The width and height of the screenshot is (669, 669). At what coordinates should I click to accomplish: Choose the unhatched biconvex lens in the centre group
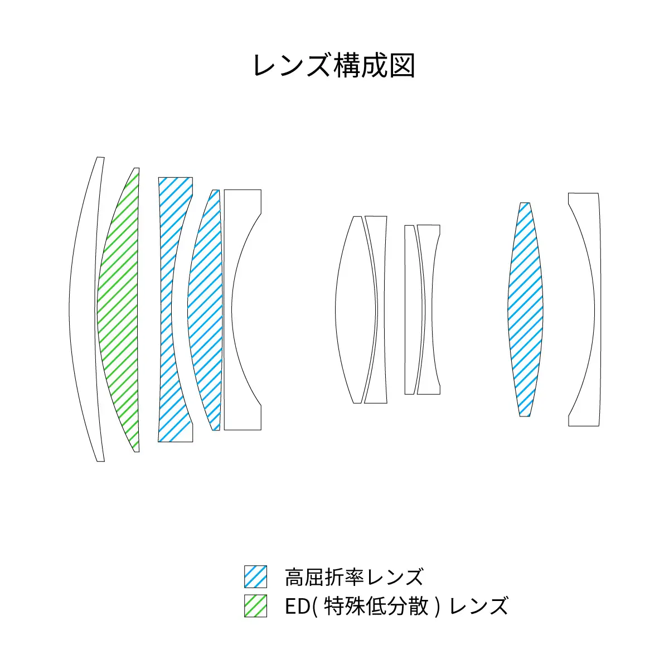[x=356, y=309]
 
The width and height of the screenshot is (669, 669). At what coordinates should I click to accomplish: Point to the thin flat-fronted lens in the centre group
[x=414, y=309]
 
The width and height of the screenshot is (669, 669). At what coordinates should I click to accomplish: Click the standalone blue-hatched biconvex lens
[x=525, y=309]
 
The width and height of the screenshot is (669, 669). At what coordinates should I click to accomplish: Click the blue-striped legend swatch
[x=255, y=576]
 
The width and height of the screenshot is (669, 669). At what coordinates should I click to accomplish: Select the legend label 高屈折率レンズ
[x=354, y=577]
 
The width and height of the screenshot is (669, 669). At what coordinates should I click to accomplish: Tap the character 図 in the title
[x=402, y=66]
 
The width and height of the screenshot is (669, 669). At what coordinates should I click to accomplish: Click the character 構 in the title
[x=346, y=66]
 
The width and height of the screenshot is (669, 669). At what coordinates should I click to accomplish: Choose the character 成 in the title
[x=374, y=66]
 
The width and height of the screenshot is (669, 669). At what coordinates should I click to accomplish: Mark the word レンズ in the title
[x=292, y=66]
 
